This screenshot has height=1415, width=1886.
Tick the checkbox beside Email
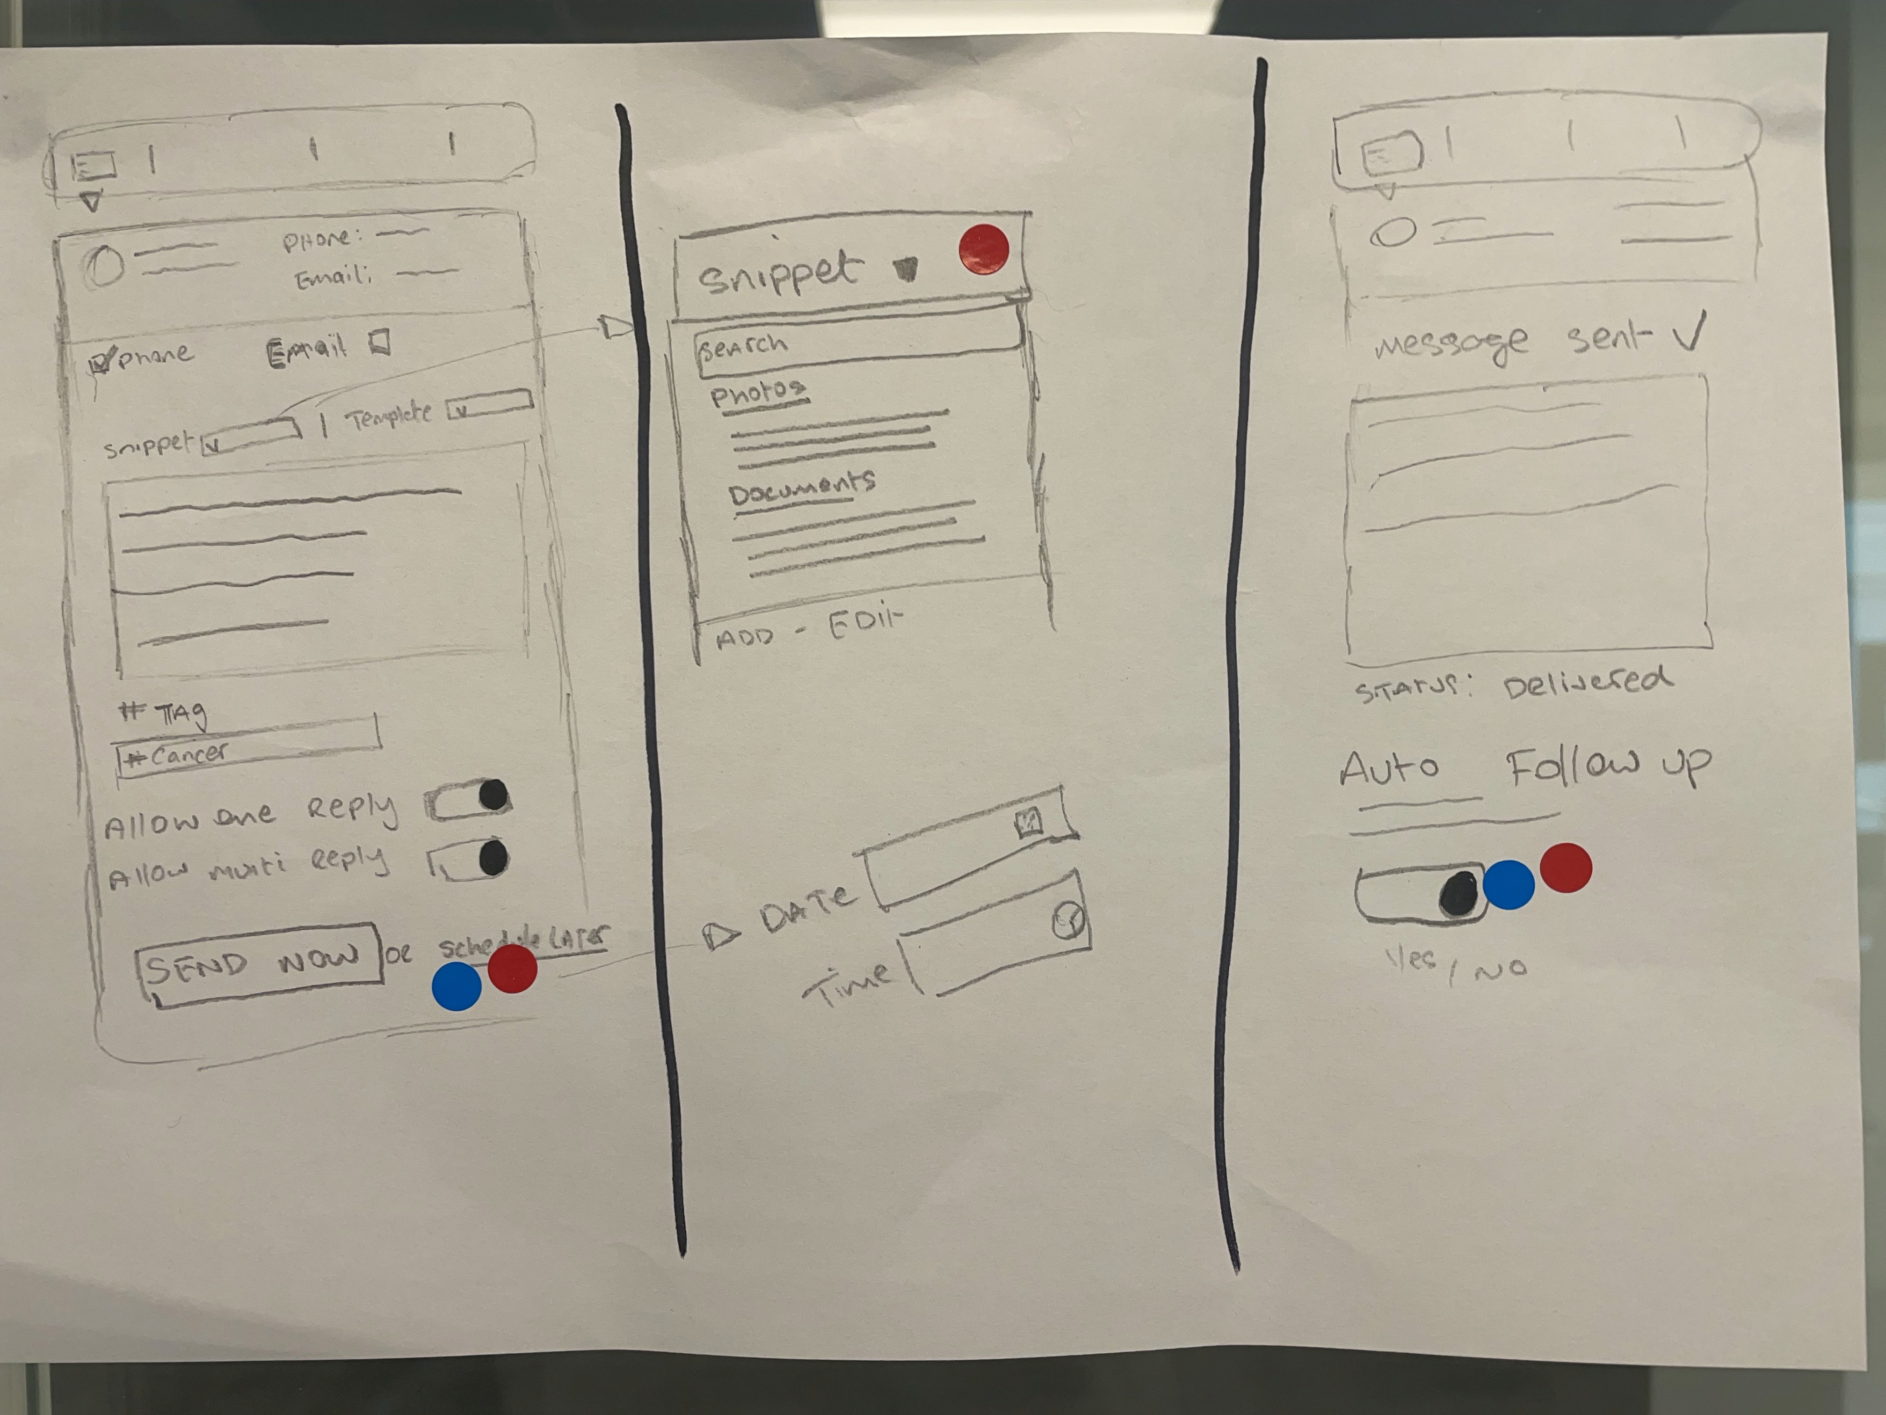(380, 343)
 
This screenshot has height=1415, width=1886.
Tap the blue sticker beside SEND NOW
(457, 986)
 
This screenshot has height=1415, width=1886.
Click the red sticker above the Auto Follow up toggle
(1566, 868)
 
